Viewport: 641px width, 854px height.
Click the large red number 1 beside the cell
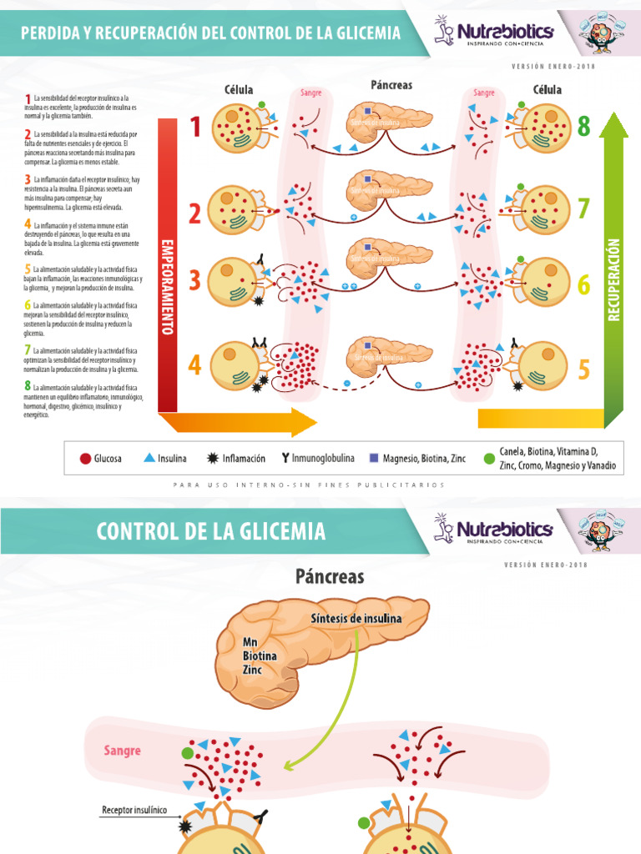point(195,128)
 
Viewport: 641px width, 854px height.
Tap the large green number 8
point(583,127)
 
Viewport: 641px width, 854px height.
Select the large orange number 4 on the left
point(194,364)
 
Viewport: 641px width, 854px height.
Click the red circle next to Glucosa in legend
point(84,459)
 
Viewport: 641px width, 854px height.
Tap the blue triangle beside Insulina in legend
point(149,458)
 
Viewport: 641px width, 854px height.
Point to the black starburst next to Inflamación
point(213,458)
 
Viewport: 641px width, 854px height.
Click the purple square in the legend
point(373,458)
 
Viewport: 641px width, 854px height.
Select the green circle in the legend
point(489,459)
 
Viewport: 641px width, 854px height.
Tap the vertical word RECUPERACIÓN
point(614,279)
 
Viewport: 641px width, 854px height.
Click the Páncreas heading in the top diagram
point(391,85)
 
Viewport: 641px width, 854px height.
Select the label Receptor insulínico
point(134,809)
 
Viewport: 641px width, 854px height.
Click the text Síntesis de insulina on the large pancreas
point(356,618)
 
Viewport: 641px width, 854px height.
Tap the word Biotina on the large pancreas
point(259,656)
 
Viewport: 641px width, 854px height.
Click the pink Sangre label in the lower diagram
point(123,751)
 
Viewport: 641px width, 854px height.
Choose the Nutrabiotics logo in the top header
point(493,33)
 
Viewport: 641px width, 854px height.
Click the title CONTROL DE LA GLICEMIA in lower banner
point(211,531)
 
